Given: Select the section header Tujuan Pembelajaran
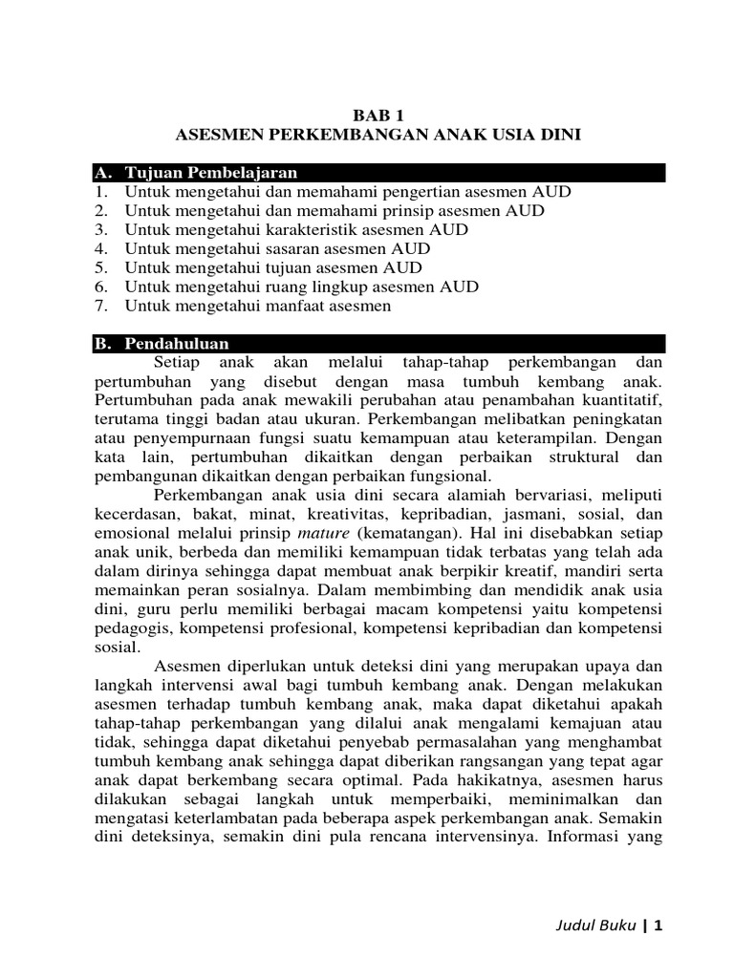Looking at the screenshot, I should point(210,173).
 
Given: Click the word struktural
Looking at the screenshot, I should point(572,457).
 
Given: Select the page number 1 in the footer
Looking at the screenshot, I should point(658,925).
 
